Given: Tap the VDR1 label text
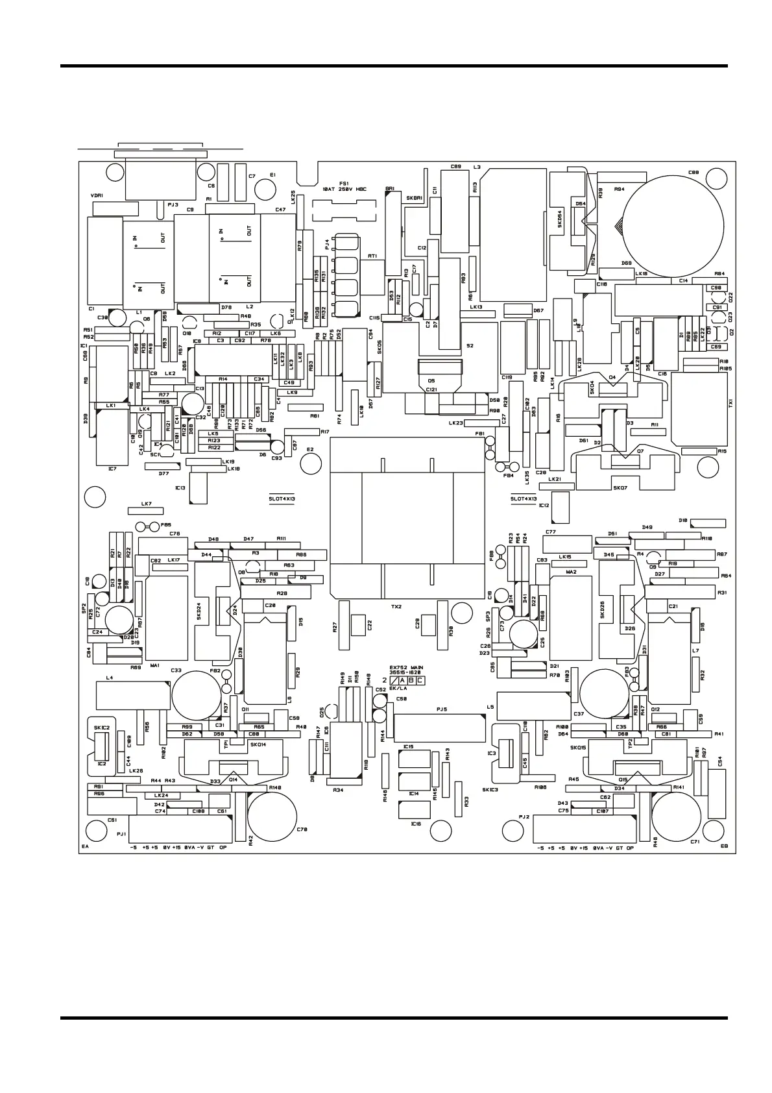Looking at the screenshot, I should tap(97, 195).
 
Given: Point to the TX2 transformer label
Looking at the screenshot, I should tap(396, 606).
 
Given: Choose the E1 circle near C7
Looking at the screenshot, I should tap(266, 189).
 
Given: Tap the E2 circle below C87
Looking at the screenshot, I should tap(311, 463).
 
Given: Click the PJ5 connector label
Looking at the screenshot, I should tap(441, 711).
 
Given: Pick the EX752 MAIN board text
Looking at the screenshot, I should tap(406, 669).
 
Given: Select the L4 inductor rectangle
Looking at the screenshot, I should tap(133, 696).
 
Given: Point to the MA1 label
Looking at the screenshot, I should tap(154, 665).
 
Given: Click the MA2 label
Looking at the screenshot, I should tap(571, 572).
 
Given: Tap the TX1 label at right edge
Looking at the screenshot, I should tap(731, 402).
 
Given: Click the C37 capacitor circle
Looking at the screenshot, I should tap(605, 693).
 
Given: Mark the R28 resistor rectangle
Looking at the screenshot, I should tap(282, 593).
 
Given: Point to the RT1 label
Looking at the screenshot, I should tap(372, 256).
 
